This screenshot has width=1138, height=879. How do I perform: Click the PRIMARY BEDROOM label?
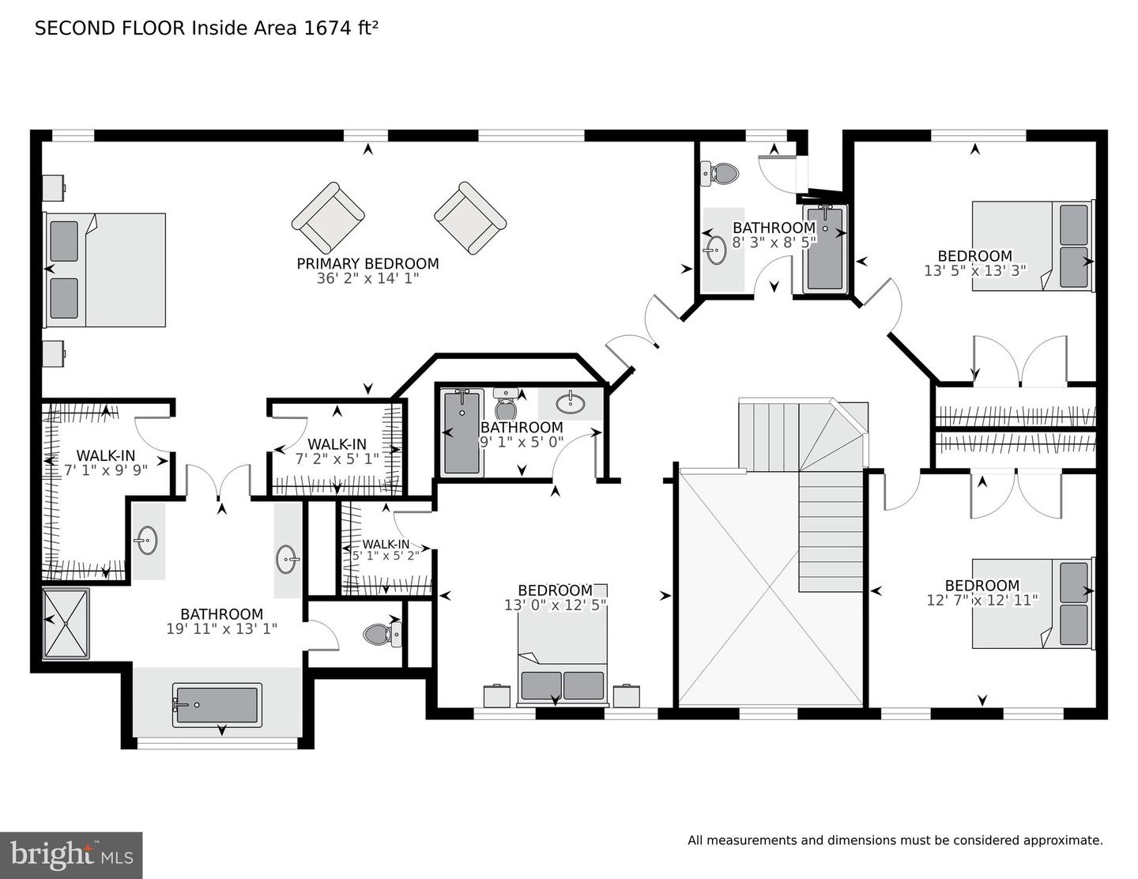tap(367, 263)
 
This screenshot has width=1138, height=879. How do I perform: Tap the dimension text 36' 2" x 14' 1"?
tap(367, 279)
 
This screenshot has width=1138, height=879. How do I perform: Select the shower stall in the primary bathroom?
tap(66, 624)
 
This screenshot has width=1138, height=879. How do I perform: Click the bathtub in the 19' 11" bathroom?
tap(217, 705)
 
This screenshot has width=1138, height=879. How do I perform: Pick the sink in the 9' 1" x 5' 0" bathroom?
tap(571, 403)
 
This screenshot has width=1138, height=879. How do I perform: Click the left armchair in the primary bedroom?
tap(328, 218)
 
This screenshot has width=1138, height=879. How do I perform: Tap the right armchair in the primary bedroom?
tap(470, 218)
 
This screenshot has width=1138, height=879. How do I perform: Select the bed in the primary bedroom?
tap(104, 270)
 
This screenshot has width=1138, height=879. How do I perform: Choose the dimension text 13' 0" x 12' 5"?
tap(555, 605)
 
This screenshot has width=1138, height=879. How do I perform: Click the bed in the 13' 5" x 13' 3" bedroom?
tap(1034, 246)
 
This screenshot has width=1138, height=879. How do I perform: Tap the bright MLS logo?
tap(71, 855)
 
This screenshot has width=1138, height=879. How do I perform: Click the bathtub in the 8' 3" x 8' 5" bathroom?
tap(825, 247)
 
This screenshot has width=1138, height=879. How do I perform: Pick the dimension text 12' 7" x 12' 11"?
tap(982, 600)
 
